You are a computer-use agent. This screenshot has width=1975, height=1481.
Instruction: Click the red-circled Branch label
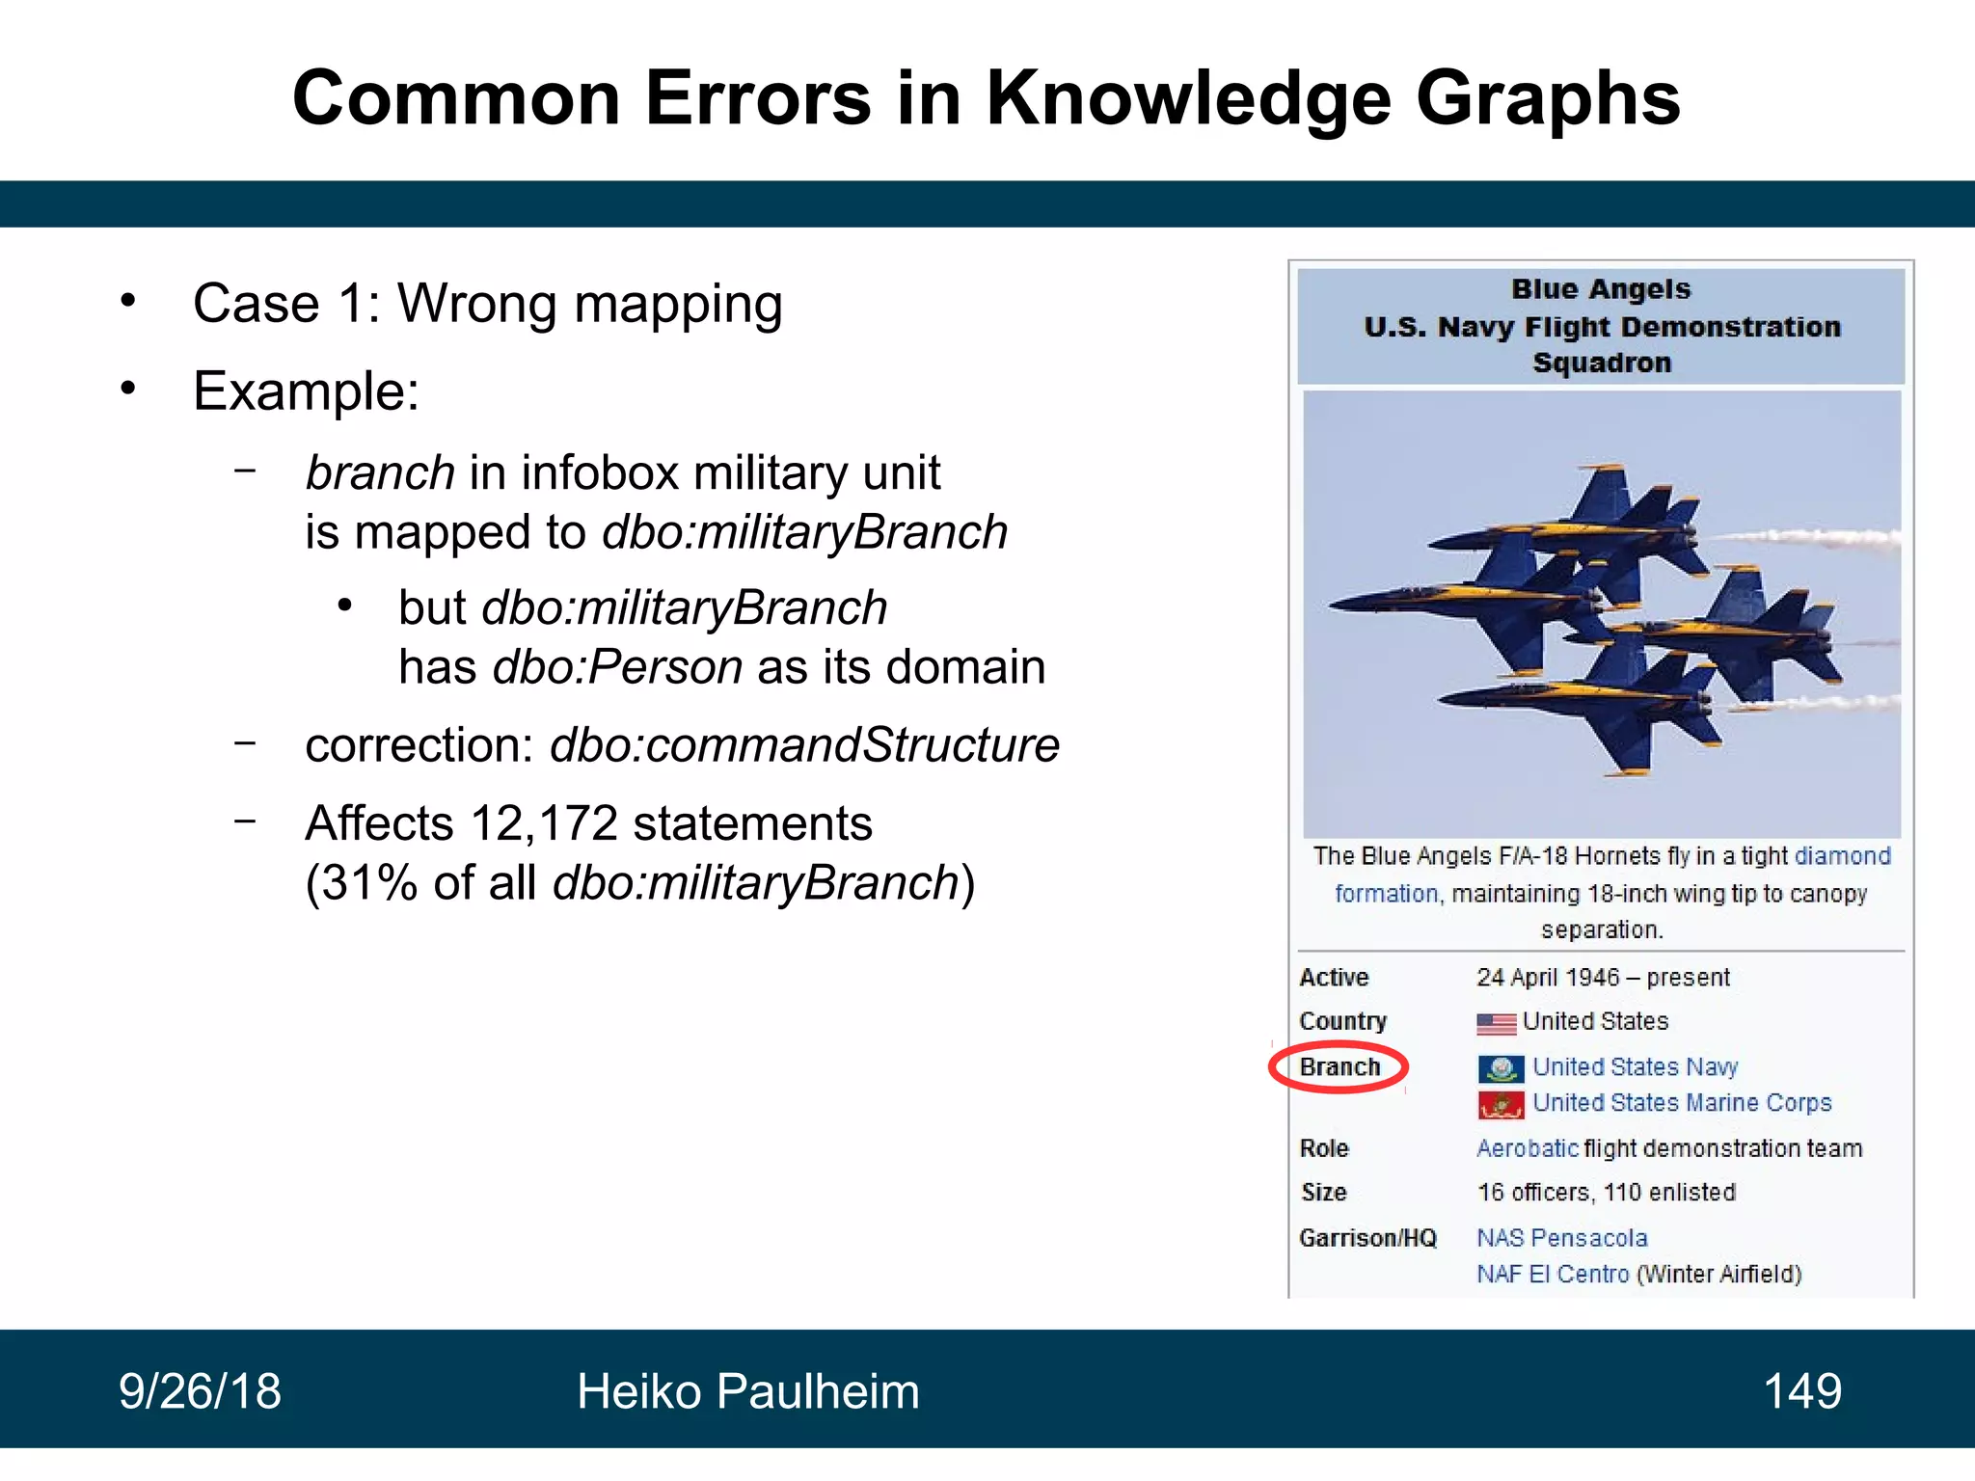[1339, 1067]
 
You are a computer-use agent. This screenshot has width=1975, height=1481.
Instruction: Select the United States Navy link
[1635, 1067]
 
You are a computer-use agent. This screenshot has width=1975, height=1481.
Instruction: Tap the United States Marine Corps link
[1682, 1103]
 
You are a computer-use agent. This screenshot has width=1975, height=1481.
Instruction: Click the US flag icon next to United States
[1496, 1023]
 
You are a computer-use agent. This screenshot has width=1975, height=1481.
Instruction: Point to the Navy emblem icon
[1501, 1068]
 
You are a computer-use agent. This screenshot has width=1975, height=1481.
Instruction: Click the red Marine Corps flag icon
[1501, 1104]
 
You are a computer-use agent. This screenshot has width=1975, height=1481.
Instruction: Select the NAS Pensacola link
[1562, 1238]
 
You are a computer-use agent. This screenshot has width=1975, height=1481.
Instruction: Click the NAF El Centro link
[1553, 1275]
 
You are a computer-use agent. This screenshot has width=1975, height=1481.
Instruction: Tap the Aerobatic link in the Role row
[1527, 1148]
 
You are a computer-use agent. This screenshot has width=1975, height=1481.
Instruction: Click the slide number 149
[1801, 1391]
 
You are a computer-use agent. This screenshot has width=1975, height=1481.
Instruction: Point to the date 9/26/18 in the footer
[200, 1391]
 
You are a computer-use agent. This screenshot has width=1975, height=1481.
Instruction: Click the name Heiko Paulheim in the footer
[747, 1391]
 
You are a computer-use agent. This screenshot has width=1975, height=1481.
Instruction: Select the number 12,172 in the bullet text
[543, 823]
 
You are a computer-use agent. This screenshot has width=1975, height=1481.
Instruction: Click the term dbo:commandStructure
[804, 745]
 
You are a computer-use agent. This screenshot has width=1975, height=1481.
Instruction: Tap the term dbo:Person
[617, 667]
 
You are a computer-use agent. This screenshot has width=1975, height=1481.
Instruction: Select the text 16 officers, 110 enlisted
[1606, 1193]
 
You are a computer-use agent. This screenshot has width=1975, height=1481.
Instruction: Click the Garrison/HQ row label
[1367, 1238]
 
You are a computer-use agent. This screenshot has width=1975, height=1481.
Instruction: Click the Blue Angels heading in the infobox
[1601, 289]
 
